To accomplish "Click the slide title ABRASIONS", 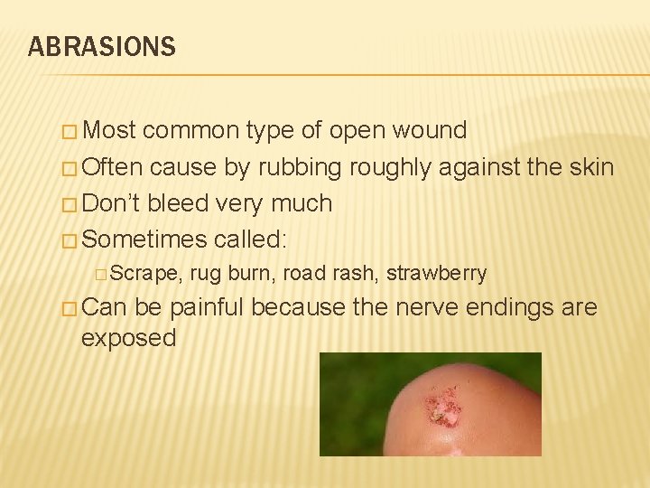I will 101,47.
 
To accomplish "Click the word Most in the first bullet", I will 108,131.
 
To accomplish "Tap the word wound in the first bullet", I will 430,131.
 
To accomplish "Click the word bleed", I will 178,203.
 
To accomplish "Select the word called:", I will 251,239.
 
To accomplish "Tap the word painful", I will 205,308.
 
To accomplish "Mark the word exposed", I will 128,339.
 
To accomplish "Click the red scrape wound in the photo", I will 441,408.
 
